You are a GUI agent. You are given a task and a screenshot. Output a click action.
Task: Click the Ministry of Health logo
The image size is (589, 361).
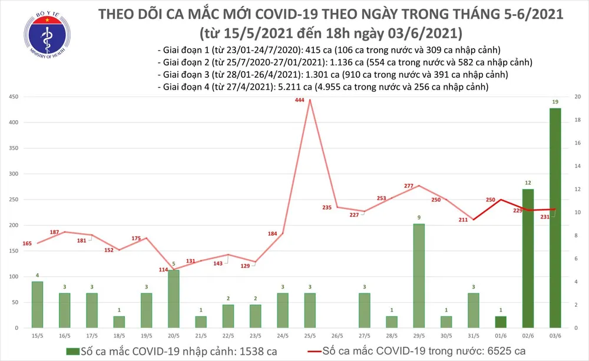point(44,36)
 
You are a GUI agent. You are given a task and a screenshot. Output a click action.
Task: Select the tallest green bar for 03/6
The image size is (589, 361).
point(555,218)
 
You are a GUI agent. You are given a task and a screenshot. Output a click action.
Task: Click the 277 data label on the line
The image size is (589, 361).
point(409,186)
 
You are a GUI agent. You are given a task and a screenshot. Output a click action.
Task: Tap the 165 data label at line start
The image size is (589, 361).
point(27,243)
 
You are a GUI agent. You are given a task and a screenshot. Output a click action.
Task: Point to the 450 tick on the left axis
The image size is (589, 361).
point(12,97)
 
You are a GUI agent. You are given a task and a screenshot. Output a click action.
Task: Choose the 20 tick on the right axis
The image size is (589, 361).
point(578,97)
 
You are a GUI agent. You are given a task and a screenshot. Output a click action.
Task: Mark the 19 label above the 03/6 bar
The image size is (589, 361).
point(555,102)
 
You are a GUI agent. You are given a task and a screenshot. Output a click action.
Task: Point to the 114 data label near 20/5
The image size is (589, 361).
point(163,270)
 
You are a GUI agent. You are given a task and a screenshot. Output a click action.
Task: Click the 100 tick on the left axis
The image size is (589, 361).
point(12,277)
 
